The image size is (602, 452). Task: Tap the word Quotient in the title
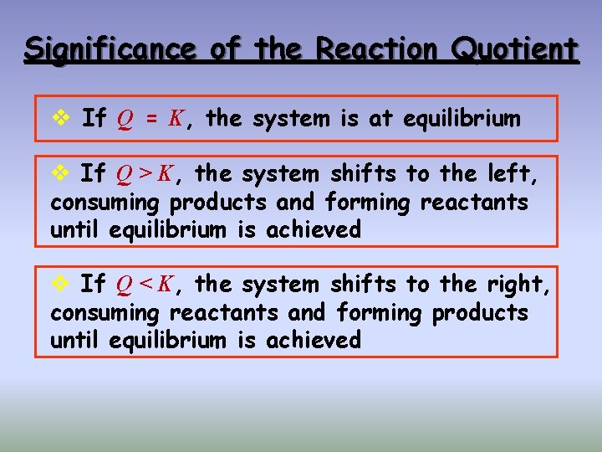(x=513, y=49)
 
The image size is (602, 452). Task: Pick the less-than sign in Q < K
(x=145, y=285)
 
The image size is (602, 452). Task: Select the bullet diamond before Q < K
(x=60, y=285)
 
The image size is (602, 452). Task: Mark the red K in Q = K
(x=176, y=119)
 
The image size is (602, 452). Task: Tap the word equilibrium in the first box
(x=462, y=119)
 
